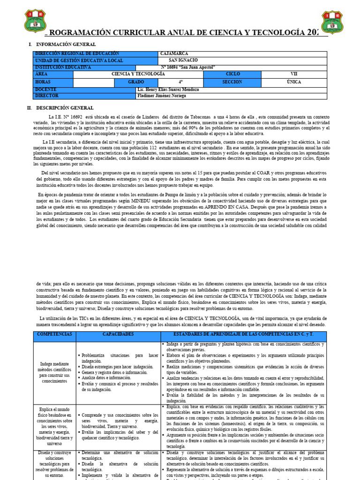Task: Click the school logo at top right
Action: (x=332, y=22)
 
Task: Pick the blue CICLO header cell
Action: (x=232, y=74)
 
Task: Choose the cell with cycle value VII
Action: (x=294, y=74)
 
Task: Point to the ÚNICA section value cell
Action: (x=294, y=82)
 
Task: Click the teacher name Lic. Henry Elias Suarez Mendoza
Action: (x=168, y=89)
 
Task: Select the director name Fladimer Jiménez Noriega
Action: (x=162, y=96)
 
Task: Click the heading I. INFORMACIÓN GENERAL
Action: (x=62, y=44)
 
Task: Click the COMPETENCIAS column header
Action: (x=54, y=335)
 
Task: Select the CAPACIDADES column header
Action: (x=118, y=335)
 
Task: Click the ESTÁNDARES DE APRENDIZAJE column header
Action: (x=243, y=335)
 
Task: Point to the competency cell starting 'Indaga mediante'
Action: (x=54, y=372)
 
